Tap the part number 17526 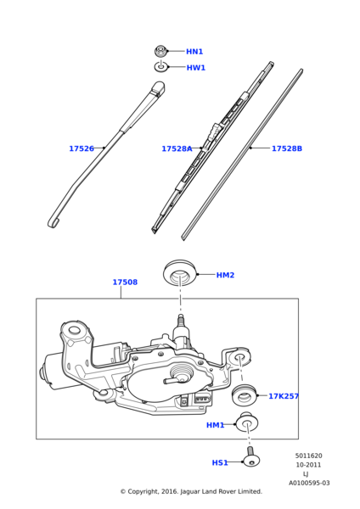click(x=82, y=148)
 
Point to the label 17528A click(x=177, y=148)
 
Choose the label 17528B click(x=286, y=148)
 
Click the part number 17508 click(x=125, y=282)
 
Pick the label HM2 click(x=225, y=275)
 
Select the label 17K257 click(x=284, y=396)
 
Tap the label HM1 click(x=216, y=425)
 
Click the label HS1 click(x=220, y=462)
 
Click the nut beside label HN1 click(x=160, y=51)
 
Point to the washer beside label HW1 click(x=161, y=67)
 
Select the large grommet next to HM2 click(x=179, y=274)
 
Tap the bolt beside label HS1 click(x=251, y=459)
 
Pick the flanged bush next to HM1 click(x=248, y=422)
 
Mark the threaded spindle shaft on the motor click(x=180, y=326)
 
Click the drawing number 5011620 click(x=308, y=456)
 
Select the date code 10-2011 click(x=308, y=465)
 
